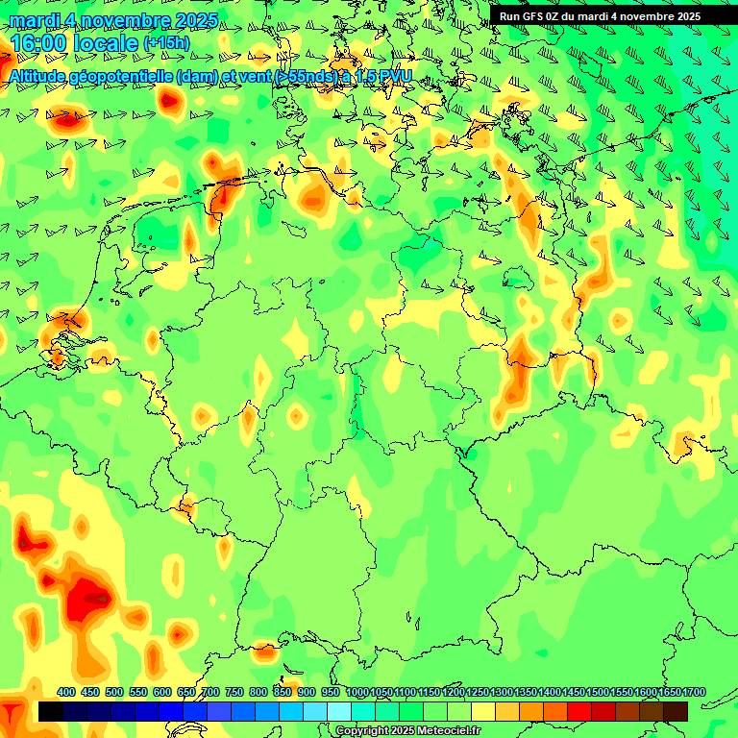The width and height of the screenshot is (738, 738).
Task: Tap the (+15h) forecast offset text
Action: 166,42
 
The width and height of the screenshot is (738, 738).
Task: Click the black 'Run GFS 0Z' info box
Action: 600,15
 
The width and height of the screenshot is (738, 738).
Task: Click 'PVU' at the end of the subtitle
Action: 396,76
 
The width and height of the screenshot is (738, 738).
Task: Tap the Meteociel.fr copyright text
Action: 407,731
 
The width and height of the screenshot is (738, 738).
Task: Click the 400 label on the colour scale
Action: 66,692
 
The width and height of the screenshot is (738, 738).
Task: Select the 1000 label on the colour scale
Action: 357,692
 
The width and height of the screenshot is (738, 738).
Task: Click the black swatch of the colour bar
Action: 51,711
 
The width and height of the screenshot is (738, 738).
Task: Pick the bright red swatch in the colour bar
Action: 579,711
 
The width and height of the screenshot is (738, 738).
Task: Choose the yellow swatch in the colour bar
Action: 483,711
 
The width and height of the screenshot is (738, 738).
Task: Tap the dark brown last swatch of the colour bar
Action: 676,711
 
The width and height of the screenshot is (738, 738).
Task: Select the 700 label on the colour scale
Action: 210,692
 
